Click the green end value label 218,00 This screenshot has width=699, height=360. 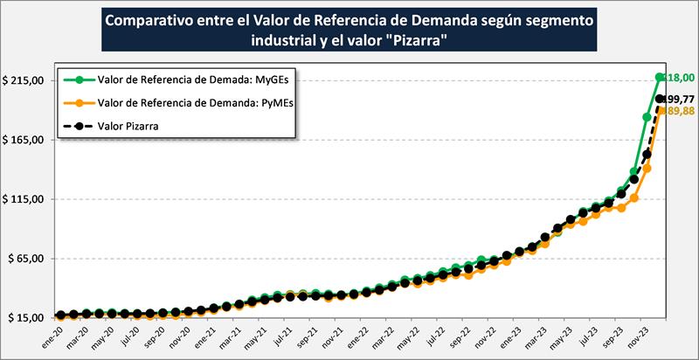(x=681, y=78)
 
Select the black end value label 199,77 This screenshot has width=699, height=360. (x=681, y=99)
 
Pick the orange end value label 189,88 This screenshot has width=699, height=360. (x=681, y=111)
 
